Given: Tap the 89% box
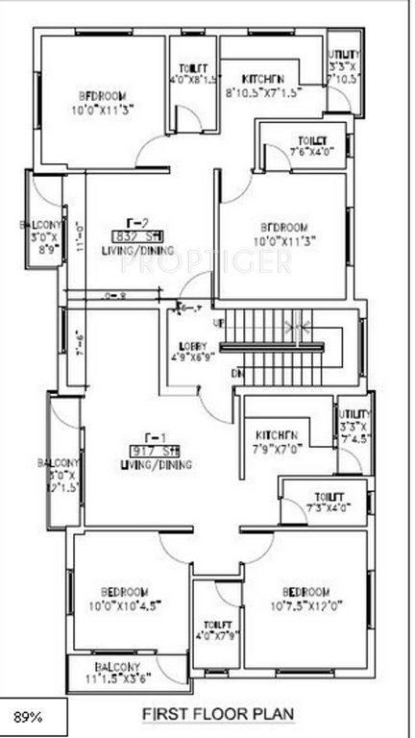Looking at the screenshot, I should pos(34,717).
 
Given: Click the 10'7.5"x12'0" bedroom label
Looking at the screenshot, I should pos(307,597).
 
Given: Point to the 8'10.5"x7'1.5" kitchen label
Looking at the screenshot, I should pos(264,86).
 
